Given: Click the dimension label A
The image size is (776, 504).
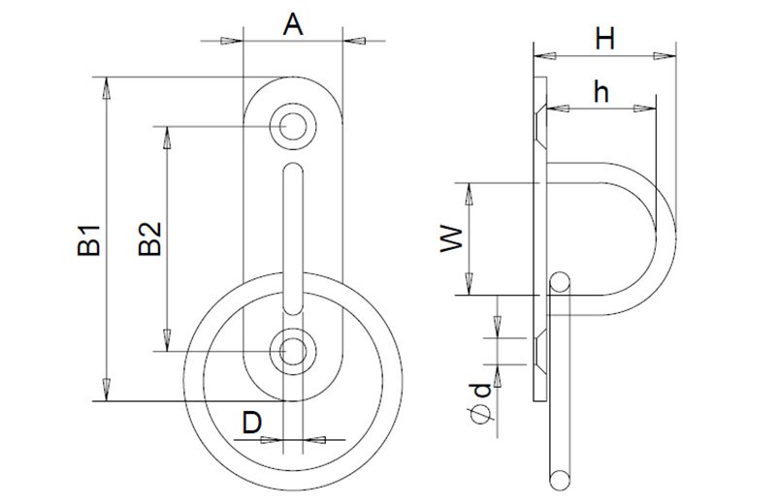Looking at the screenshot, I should (293, 24).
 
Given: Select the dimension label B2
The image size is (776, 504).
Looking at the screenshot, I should (150, 238).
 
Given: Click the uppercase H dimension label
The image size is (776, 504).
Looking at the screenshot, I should (605, 39).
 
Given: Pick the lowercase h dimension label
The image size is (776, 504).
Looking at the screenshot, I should (601, 92).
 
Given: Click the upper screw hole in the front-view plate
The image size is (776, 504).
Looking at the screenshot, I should (292, 125).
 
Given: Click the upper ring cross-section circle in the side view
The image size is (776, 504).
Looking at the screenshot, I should (560, 282).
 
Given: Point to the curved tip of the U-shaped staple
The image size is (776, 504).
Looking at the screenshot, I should (668, 237).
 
